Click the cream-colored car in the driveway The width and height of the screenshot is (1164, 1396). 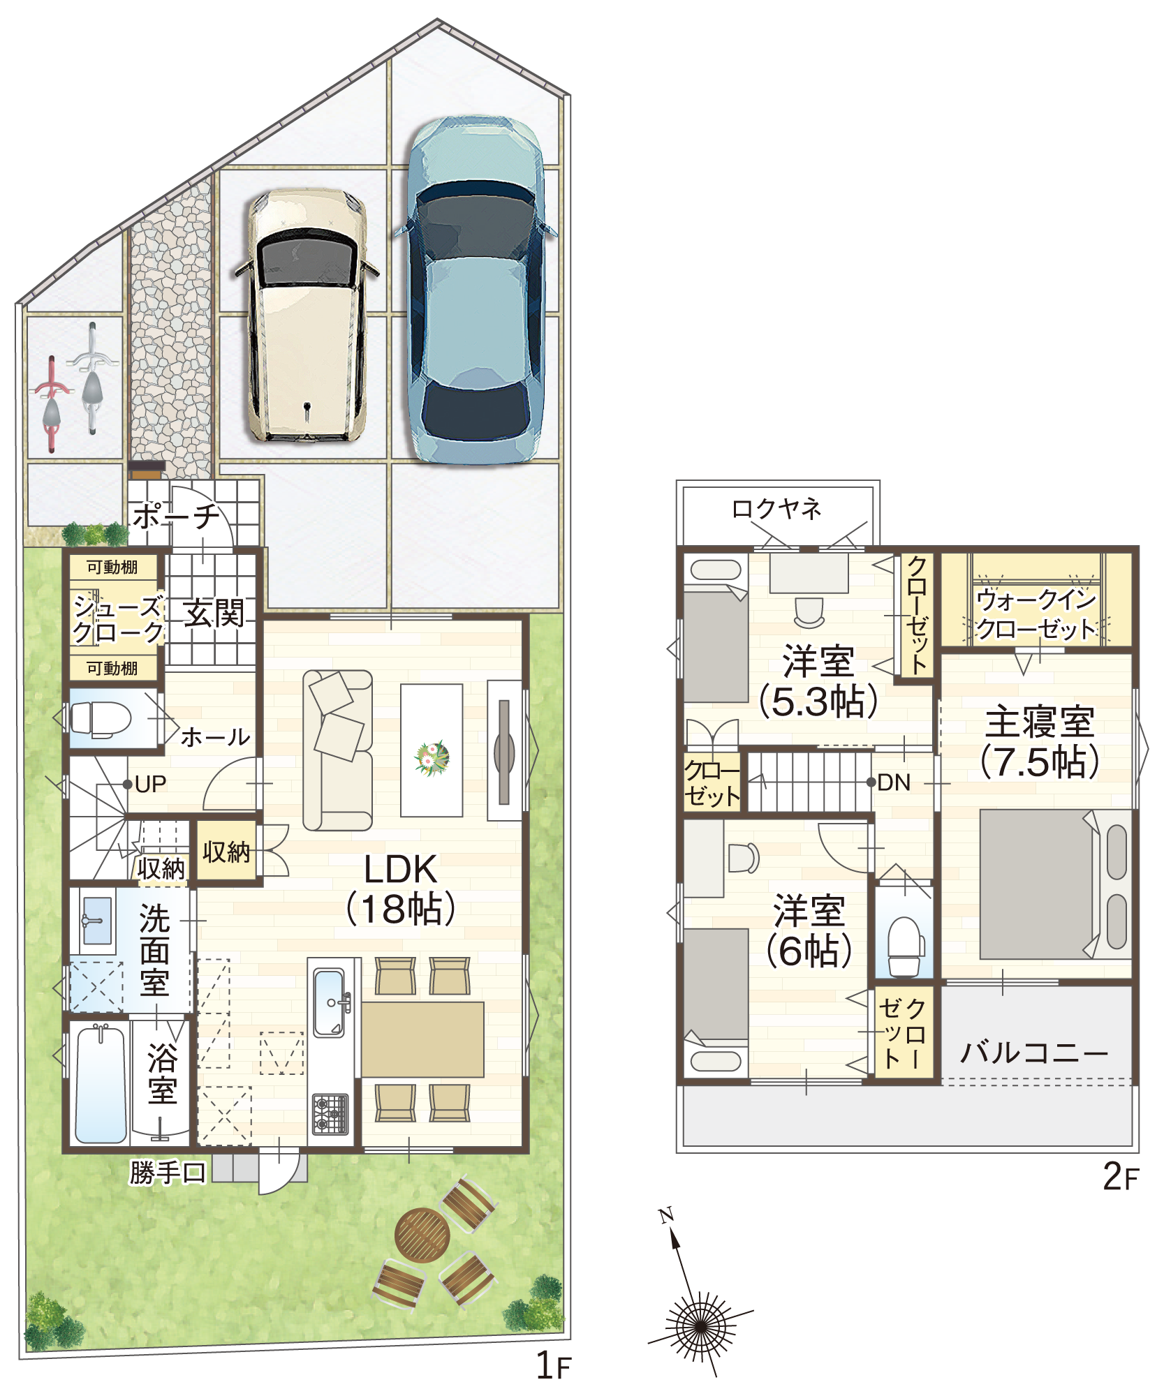307,315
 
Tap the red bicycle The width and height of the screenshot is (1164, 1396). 52,403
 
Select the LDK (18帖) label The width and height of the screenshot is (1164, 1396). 401,889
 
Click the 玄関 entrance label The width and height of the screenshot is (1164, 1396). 214,614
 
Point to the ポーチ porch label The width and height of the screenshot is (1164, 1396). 176,517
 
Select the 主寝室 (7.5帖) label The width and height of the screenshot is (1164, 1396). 1040,742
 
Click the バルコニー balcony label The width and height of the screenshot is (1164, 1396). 1034,1053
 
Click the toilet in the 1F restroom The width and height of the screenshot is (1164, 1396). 101,719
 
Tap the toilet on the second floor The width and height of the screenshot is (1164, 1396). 905,946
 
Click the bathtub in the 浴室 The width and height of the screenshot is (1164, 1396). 101,1083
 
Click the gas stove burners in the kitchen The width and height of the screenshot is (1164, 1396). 330,1114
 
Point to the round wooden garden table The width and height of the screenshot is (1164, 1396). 422,1235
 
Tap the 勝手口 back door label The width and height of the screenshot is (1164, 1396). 168,1173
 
